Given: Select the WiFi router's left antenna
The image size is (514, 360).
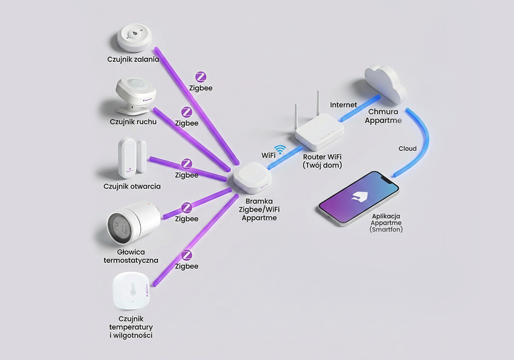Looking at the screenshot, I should click(x=297, y=117).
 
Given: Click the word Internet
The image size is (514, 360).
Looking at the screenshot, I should click(x=343, y=105).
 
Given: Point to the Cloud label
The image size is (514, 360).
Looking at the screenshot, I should click(x=408, y=149).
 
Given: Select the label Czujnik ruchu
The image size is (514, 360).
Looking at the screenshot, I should click(x=133, y=122).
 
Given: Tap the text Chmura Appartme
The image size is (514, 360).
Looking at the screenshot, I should click(x=385, y=116).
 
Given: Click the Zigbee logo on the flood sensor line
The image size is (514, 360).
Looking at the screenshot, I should click(x=200, y=78).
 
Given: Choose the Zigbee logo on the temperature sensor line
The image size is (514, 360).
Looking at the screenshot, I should click(x=187, y=256).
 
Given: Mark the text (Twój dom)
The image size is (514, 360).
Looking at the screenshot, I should click(x=322, y=165).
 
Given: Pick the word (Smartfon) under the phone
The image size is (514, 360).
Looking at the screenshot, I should click(x=386, y=229).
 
